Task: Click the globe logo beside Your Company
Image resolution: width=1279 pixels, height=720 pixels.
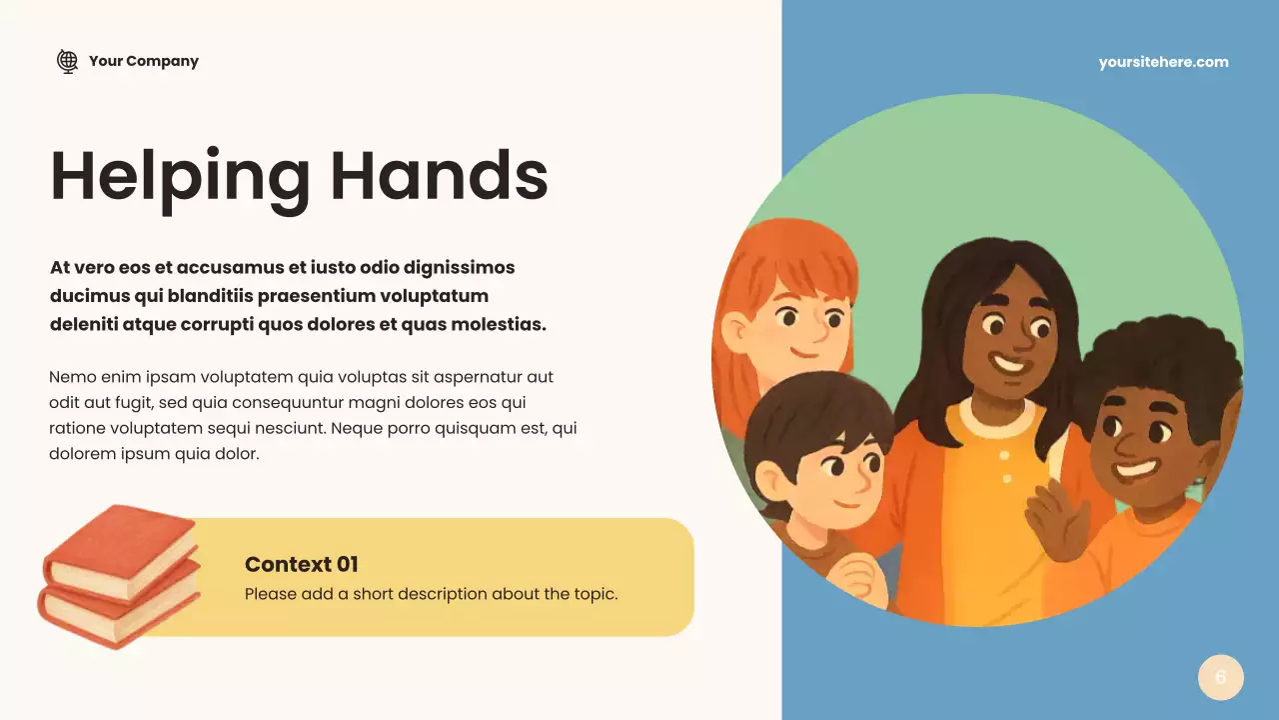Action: pos(67,61)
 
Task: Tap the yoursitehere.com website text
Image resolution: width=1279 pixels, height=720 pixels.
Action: pos(1163,62)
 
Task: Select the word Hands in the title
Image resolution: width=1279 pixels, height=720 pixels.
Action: pos(439,176)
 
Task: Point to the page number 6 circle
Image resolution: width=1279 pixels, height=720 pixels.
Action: pos(1220,678)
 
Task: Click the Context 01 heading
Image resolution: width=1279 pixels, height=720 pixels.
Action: pos(301,564)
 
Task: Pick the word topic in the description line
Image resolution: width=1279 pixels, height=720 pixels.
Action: pos(594,594)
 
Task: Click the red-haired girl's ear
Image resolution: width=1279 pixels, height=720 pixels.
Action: pos(736,330)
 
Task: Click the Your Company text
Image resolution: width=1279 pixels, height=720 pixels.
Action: pos(143,61)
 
